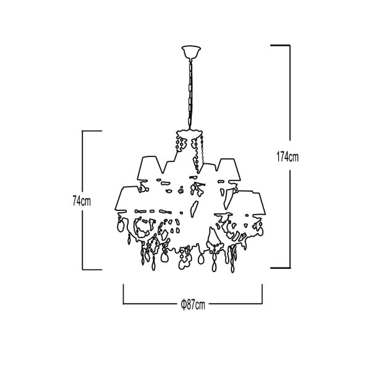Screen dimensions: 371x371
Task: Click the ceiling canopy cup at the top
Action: point(191,52)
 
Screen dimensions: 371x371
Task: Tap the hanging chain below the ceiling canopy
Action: point(190,94)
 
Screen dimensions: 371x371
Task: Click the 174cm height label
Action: point(288,157)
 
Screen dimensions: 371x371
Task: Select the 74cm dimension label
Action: point(82,202)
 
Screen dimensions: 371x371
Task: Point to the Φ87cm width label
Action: point(193,305)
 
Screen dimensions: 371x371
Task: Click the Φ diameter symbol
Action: point(184,305)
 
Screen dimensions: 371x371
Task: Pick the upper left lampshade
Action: point(150,168)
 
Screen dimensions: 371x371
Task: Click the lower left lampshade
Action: point(127,198)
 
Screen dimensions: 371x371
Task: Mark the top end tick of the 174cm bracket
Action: point(280,45)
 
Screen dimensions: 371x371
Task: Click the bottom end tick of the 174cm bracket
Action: point(280,268)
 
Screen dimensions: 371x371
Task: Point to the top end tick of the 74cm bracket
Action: point(92,131)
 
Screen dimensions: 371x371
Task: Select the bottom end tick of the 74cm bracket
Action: point(92,269)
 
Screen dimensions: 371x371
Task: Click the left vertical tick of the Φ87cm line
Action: point(123,294)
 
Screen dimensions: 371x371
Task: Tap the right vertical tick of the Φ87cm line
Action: point(262,294)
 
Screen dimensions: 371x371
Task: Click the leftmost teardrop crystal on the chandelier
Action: point(121,226)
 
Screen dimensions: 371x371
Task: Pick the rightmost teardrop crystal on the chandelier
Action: point(260,231)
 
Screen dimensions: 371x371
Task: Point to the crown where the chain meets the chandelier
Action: point(190,132)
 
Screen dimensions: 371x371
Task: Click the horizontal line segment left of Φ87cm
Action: point(150,304)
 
